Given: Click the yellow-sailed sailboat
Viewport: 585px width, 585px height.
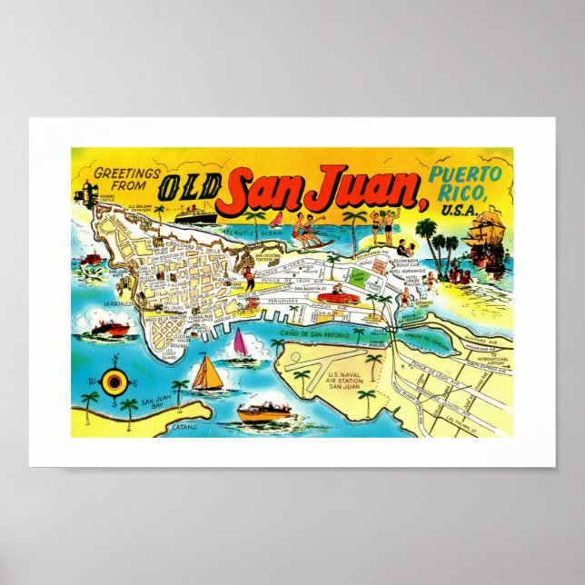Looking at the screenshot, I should coord(207,373).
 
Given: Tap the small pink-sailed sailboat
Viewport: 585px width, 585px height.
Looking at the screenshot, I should coord(240,342).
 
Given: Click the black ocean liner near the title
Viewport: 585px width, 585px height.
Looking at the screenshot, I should coord(194,214).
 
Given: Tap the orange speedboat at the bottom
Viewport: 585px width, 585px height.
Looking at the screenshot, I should coord(264,413).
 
